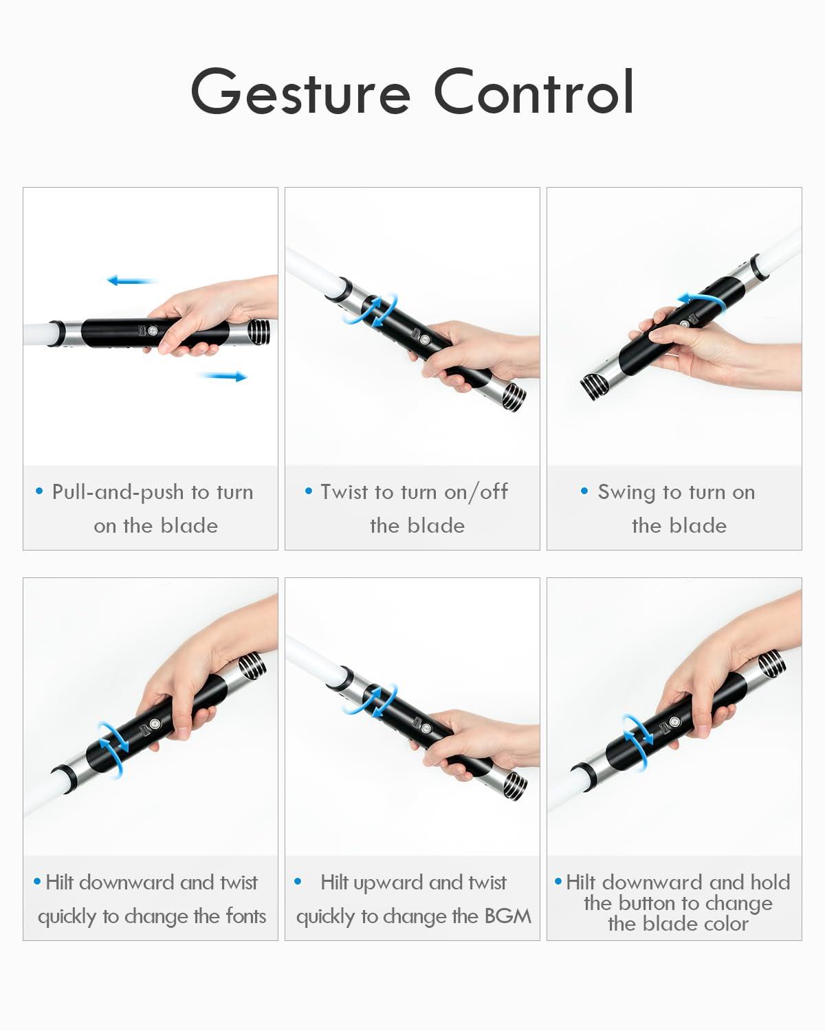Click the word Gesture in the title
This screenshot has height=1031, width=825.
click(300, 93)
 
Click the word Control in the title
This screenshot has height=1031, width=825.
click(533, 91)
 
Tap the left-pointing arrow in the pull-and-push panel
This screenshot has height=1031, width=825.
click(131, 280)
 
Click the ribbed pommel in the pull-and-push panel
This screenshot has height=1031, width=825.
click(259, 332)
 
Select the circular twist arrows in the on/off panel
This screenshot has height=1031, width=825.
click(379, 309)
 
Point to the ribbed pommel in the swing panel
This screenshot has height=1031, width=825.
click(593, 386)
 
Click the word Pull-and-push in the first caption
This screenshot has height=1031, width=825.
click(118, 492)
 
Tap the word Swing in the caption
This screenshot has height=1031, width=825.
click(626, 492)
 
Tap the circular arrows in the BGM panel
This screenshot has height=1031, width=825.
click(379, 700)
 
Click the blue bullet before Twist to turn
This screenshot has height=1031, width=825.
click(309, 491)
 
